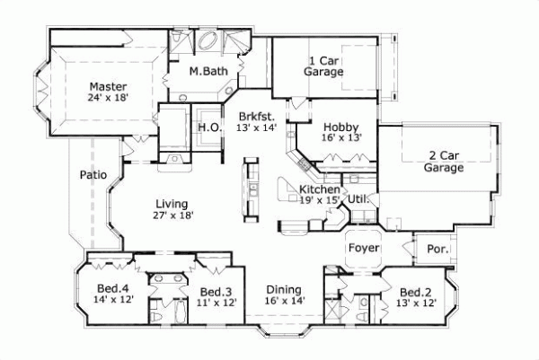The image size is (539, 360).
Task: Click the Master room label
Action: (106, 87)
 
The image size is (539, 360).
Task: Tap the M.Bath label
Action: (208, 71)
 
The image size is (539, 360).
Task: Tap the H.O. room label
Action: (207, 127)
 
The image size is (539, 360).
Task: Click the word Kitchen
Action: (319, 190)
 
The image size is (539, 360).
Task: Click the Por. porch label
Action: (437, 249)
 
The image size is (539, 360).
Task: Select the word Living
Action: (170, 203)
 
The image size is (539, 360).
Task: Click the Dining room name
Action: (283, 289)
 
